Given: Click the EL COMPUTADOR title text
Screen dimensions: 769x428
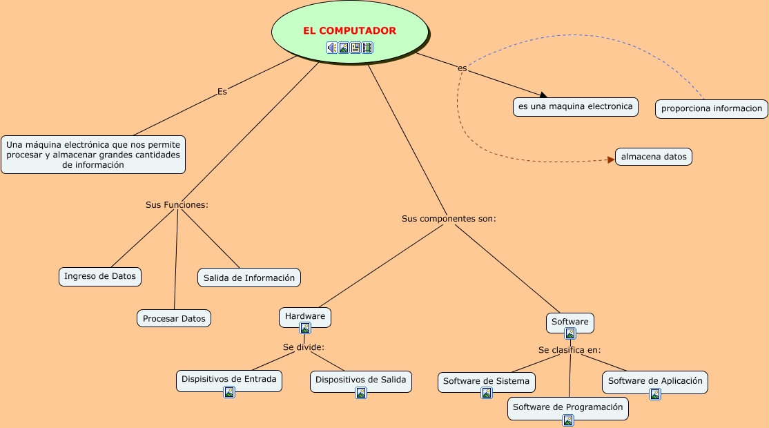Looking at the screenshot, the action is (349, 30).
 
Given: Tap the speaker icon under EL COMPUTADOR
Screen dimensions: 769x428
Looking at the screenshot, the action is (332, 48).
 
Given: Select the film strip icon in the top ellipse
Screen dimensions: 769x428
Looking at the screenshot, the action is (367, 48).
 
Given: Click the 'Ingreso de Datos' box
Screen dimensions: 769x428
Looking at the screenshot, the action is (100, 277).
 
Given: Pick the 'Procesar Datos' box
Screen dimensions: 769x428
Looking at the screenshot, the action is (174, 319).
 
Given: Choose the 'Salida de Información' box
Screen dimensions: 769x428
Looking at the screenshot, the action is (249, 278).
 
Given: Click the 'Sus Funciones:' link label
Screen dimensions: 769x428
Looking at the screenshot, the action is (177, 205).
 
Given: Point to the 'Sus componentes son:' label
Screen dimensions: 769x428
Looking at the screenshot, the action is (449, 219).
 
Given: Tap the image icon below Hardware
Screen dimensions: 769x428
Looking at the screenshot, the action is (305, 328).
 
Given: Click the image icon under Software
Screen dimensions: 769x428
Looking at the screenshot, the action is (570, 334).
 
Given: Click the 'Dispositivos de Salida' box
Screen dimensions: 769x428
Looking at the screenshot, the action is (361, 382).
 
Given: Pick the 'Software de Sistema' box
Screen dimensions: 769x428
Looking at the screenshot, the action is (487, 383).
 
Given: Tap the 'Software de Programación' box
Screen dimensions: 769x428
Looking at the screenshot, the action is (568, 409).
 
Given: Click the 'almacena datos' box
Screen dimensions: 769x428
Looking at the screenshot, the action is (654, 157).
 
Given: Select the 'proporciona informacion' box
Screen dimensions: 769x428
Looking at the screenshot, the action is (712, 109).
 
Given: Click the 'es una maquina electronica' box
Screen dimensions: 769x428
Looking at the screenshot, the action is (576, 107).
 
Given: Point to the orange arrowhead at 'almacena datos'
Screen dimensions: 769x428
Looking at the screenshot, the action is (612, 159).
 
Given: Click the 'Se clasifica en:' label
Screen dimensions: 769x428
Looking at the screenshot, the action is (570, 350).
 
